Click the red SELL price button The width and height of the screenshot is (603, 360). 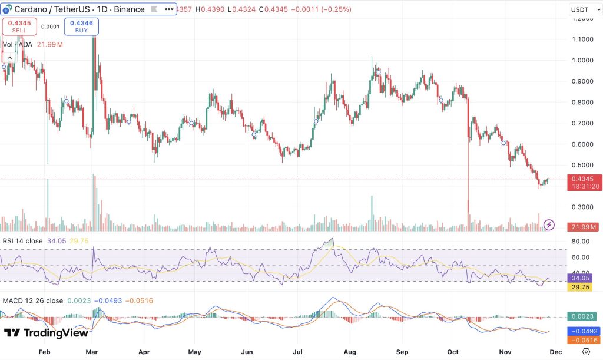coord(20,26)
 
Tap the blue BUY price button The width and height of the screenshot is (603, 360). coord(81,26)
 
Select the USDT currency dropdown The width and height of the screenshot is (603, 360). coord(582,9)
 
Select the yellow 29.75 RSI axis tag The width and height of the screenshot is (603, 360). coord(582,287)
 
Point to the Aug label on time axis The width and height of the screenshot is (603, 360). coord(350,351)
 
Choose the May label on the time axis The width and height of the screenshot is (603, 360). coord(195,351)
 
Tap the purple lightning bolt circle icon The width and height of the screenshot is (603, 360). coord(549,224)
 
